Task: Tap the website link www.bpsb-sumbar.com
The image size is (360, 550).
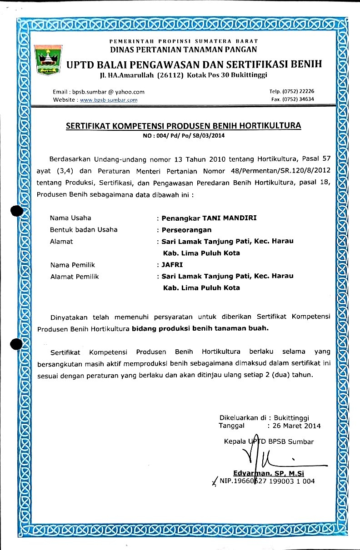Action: coord(109,100)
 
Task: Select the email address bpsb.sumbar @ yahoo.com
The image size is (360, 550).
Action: coord(109,92)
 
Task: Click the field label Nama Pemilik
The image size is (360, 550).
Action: coord(72,264)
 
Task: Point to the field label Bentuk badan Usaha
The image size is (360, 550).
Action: coord(83,229)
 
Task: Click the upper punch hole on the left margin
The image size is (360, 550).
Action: coord(16,211)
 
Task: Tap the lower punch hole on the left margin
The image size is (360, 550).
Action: coord(16,345)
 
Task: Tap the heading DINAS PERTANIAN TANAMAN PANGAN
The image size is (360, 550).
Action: coord(184,50)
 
